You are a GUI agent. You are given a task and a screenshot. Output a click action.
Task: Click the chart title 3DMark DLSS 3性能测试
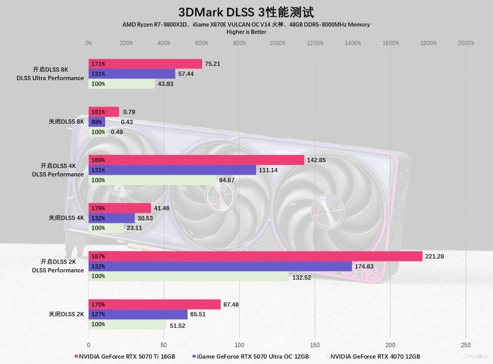(246, 12)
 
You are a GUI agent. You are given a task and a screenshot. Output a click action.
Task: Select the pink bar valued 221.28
(255, 256)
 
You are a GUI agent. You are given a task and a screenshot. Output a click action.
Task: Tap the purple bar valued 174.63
(220, 266)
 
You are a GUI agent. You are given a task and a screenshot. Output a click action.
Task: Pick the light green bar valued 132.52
(188, 276)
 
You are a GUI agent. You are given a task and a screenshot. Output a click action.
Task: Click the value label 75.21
(212, 64)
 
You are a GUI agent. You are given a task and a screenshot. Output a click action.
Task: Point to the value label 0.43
(127, 122)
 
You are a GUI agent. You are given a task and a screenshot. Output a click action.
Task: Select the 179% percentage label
(98, 208)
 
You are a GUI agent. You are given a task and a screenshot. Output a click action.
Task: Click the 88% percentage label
(96, 122)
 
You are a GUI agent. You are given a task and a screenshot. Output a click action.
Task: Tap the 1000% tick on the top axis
(277, 43)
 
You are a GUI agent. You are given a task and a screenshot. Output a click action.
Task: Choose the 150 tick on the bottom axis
(315, 345)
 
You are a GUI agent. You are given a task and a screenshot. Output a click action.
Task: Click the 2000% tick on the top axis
(466, 43)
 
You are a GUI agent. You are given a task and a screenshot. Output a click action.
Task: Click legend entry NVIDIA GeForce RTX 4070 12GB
(375, 356)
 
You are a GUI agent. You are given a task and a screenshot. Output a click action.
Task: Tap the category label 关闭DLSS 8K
(66, 121)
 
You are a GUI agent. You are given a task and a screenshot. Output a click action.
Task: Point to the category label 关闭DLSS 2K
(66, 314)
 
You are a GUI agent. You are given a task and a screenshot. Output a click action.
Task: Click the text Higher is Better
(246, 32)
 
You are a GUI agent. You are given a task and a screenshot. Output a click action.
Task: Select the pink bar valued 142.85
(196, 160)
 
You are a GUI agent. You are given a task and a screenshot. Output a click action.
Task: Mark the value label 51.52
(177, 325)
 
